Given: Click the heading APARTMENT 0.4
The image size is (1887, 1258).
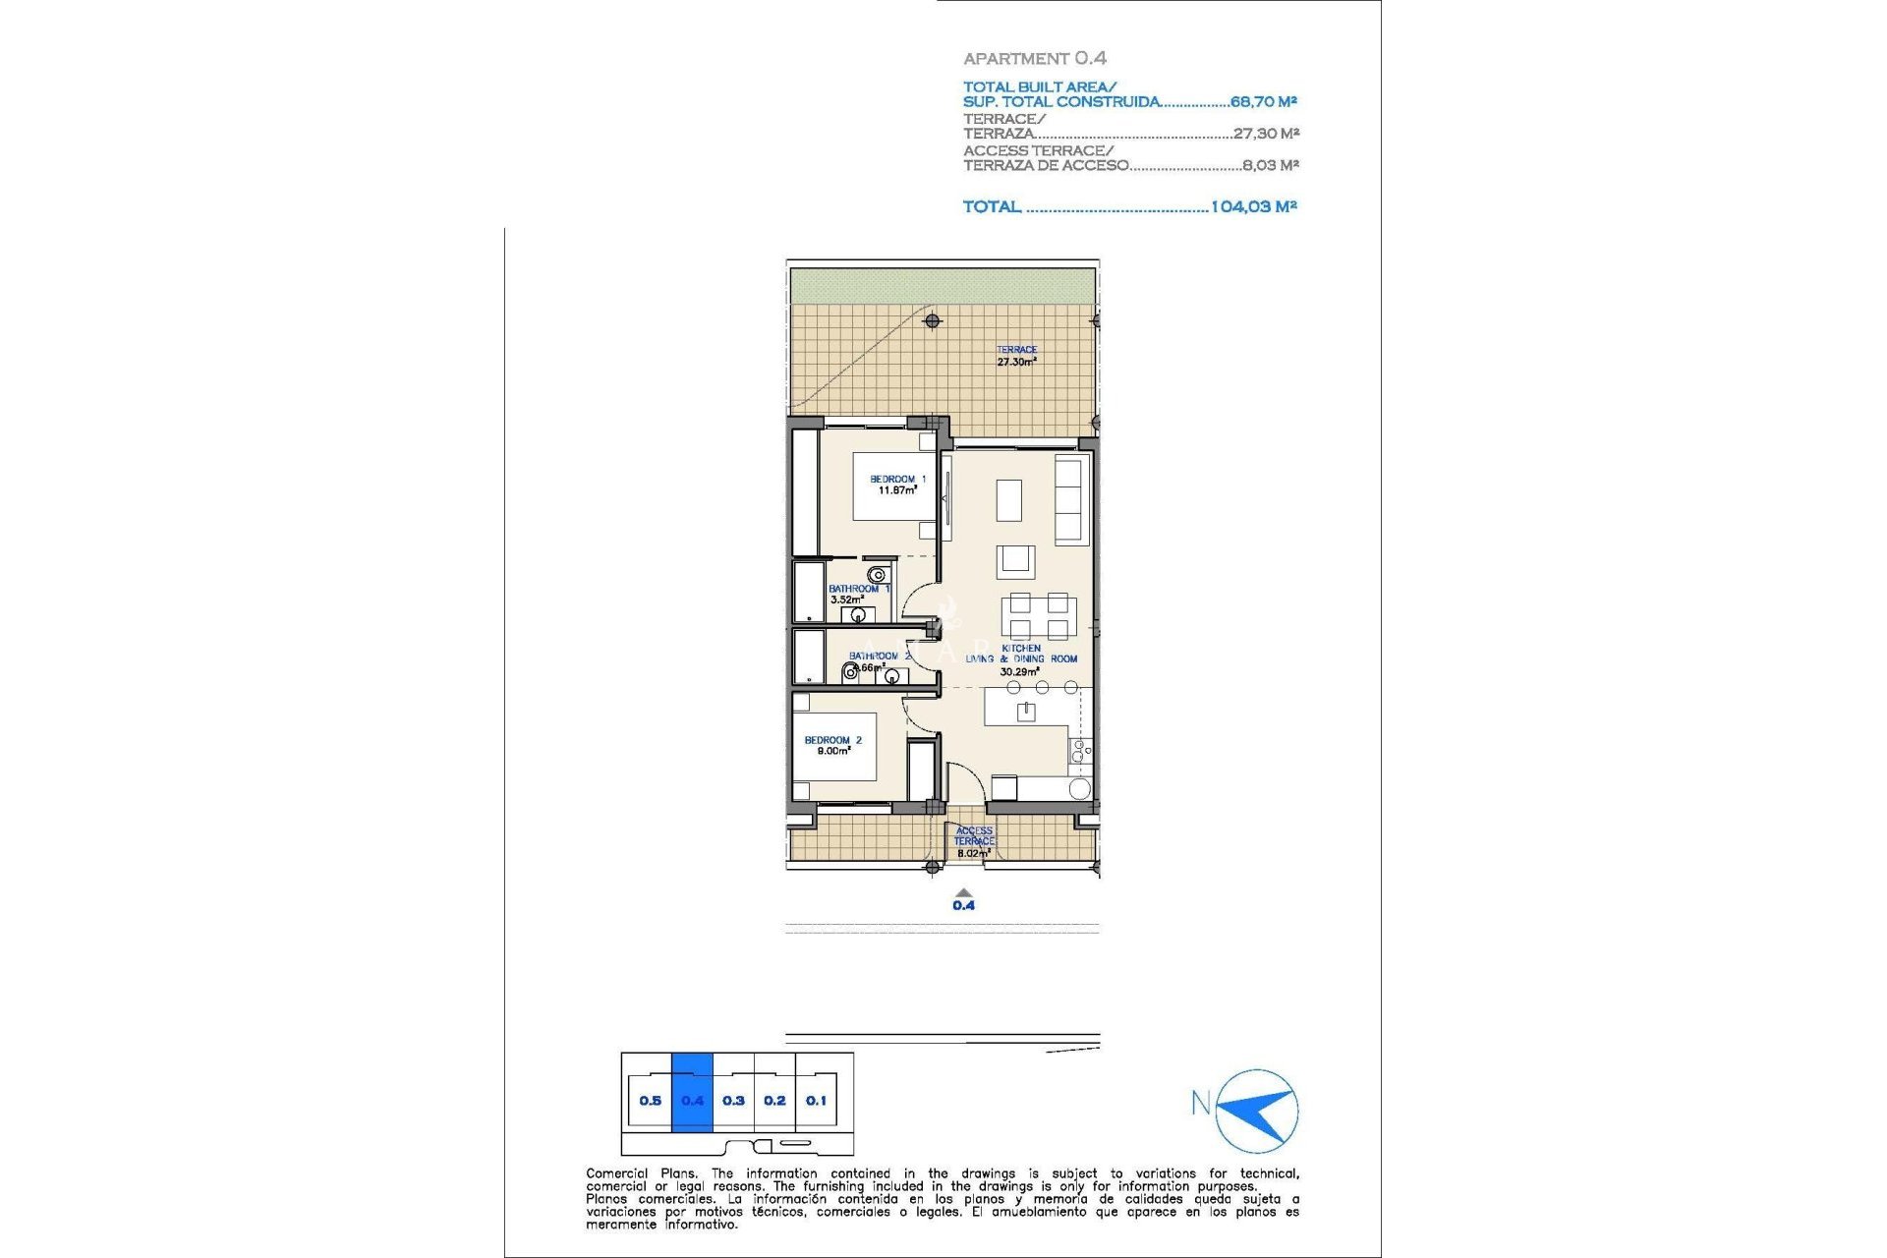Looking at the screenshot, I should pos(1034,58).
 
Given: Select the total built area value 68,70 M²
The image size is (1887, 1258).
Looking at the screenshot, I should pos(1263,101).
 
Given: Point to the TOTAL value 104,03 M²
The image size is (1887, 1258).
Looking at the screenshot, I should pos(1253,206).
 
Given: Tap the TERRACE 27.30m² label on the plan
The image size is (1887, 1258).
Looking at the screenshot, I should pos(1016,356).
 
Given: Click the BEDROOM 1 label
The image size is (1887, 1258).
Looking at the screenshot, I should pos(897,485).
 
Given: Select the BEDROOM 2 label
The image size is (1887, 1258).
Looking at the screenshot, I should pos(832,745).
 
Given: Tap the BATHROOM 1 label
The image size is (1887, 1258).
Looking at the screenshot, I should pos(857,590).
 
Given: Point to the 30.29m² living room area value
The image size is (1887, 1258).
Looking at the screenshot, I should pos(1019,672).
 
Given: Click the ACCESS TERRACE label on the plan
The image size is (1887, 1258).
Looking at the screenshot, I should pos(973,836).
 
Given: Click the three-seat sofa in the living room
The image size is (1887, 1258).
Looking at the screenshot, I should pos(1069,499).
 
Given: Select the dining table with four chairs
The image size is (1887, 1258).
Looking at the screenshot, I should pos(1039,616).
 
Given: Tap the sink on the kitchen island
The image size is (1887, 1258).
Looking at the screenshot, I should pos(1026,711).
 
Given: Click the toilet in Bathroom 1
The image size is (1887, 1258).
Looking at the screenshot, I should pos(877,575).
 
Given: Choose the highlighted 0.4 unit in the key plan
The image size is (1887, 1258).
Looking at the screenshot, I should pos(692,1100).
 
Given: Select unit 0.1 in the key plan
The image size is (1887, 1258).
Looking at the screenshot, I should pos(816,1100).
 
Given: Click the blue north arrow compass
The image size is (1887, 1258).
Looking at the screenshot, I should pos(1257,1111).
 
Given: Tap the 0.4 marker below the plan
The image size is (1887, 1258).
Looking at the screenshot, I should pos(963,904).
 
